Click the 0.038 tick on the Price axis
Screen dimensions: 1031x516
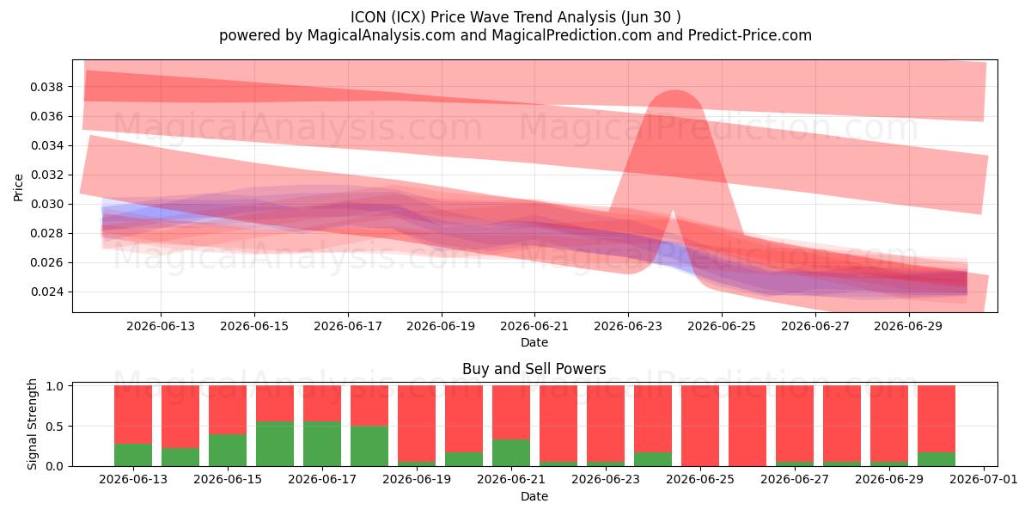pos(47,87)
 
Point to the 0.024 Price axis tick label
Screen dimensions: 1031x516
pos(47,292)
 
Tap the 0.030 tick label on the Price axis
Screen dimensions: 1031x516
pos(47,204)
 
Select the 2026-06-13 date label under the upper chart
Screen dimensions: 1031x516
pos(161,327)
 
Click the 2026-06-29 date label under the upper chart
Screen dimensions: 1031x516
pos(908,327)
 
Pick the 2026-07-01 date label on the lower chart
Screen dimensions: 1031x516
pos(984,480)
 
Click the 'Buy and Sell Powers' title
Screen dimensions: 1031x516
pos(534,369)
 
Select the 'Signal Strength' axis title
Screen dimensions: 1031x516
pos(32,424)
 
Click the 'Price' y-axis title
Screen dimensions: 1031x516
pos(18,187)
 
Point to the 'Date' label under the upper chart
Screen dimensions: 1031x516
pos(534,343)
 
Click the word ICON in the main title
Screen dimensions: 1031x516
pos(369,17)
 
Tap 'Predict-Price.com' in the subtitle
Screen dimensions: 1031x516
pos(750,35)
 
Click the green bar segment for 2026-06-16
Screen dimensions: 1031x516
pos(275,444)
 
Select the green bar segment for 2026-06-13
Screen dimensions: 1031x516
pos(133,455)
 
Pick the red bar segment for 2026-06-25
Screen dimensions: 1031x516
pos(700,427)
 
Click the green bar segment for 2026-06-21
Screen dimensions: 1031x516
pos(511,453)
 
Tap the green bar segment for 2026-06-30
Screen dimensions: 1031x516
pos(936,459)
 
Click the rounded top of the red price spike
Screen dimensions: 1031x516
pos(675,92)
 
